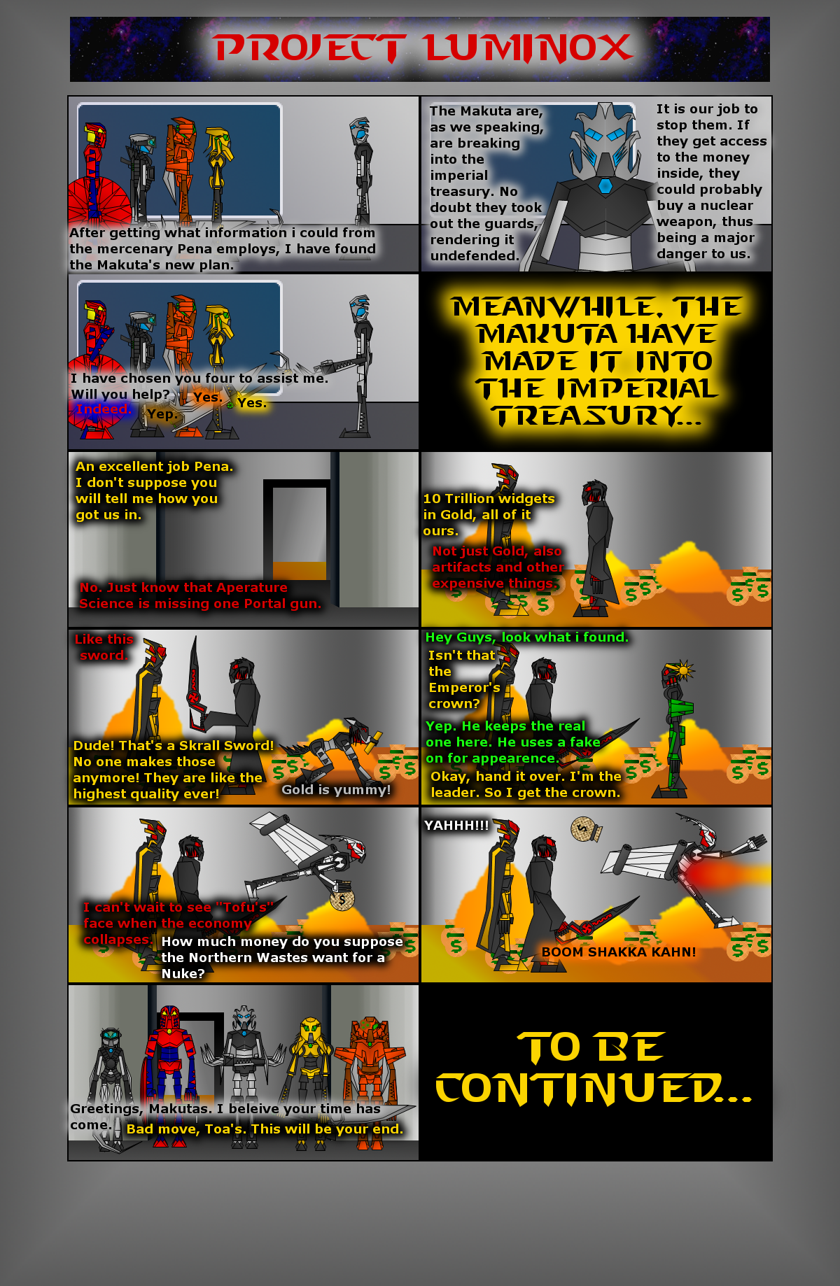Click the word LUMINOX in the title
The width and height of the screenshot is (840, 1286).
click(528, 48)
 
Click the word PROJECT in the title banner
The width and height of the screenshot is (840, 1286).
click(310, 48)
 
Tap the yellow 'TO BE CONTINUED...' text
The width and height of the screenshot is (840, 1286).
click(594, 1068)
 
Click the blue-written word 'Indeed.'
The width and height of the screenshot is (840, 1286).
click(104, 409)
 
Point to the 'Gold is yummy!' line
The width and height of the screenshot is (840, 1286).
click(336, 790)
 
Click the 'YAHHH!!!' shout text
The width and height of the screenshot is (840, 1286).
click(456, 826)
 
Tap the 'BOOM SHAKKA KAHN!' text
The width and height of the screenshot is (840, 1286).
click(619, 952)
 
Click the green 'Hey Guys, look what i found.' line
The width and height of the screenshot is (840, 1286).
click(527, 637)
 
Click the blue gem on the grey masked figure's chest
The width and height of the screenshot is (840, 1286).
click(605, 185)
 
